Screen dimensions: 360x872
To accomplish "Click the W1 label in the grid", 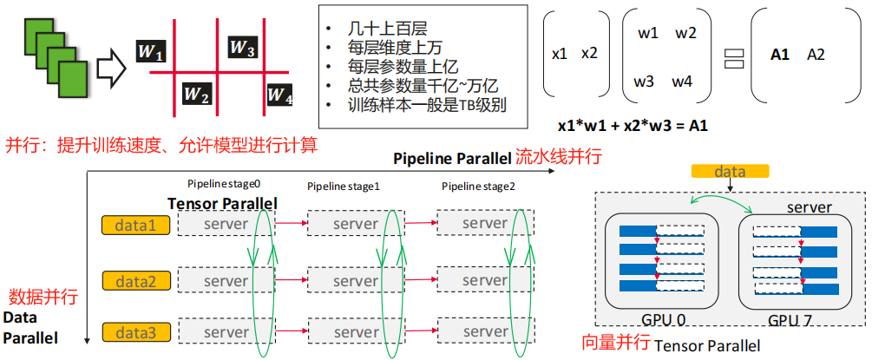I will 151,54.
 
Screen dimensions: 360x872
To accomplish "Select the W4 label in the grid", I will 279,94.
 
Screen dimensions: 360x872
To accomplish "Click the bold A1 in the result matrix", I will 779,54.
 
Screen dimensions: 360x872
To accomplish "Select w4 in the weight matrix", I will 682,82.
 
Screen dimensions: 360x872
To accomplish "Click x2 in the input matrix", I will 589,54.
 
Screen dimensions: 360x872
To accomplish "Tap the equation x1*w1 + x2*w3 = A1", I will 633,126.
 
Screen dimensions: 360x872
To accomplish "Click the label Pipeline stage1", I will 344,187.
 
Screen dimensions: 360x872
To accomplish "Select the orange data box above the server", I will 730,173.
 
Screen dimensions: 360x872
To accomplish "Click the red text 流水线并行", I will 559,158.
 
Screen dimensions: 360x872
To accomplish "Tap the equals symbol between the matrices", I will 734,57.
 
